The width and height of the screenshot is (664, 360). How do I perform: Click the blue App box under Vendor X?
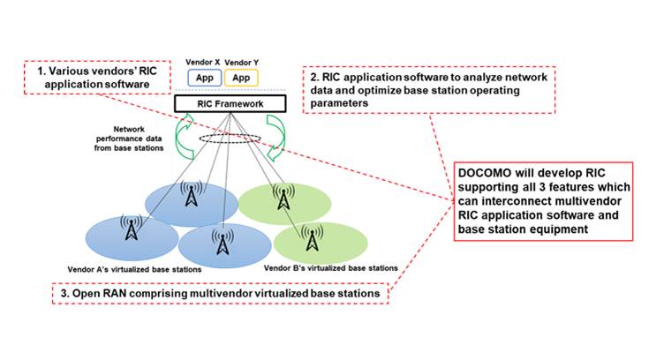[205, 78]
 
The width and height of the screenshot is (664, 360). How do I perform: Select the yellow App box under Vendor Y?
[240, 78]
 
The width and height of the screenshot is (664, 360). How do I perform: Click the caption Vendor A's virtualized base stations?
[137, 267]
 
